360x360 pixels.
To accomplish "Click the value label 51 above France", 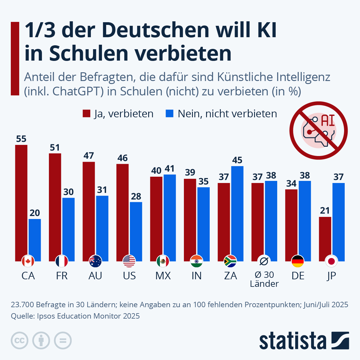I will point(55,148).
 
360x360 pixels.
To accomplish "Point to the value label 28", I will point(136,196).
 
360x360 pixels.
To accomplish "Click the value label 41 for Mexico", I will point(170,169).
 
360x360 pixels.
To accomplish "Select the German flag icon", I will point(298,262).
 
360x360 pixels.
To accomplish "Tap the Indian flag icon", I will point(196,262).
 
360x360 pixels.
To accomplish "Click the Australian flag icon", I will point(95,262).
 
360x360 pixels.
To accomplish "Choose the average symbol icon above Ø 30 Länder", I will point(264,262).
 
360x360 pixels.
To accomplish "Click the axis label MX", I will point(163,276).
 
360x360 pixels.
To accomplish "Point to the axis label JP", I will point(331,276).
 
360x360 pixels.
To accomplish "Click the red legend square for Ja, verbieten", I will point(86,114).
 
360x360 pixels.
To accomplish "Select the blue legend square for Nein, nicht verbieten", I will point(170,114).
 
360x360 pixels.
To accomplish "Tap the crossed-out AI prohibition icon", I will point(318,130).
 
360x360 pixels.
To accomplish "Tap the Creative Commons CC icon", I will point(20,341).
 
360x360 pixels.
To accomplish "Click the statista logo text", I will point(292,341).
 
